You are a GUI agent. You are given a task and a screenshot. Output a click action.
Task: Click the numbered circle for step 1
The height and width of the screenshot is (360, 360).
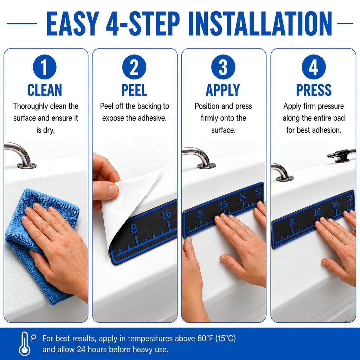pyautogui.click(x=45, y=67)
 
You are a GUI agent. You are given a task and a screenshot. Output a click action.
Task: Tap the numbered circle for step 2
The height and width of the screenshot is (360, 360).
pyautogui.click(x=134, y=67)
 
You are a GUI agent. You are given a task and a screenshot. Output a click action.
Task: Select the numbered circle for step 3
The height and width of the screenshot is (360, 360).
pyautogui.click(x=223, y=67)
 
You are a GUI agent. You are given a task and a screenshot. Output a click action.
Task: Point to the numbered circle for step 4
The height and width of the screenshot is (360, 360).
pyautogui.click(x=314, y=67)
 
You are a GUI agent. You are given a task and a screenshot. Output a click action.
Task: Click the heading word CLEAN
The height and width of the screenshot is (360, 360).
pyautogui.click(x=45, y=90)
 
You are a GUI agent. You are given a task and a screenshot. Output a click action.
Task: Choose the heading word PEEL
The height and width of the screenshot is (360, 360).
pyautogui.click(x=134, y=90)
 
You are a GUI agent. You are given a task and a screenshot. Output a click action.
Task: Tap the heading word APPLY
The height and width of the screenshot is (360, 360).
pyautogui.click(x=223, y=90)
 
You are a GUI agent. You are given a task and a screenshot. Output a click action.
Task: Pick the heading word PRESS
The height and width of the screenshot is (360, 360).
pyautogui.click(x=314, y=90)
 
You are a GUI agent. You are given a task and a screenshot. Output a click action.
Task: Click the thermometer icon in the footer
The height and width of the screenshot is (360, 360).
pyautogui.click(x=25, y=344)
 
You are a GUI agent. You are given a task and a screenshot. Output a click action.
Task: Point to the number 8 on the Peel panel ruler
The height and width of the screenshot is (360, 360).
pyautogui.click(x=134, y=229)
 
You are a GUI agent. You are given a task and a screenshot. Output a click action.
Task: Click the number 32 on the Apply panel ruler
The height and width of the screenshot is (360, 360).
pyautogui.click(x=258, y=191)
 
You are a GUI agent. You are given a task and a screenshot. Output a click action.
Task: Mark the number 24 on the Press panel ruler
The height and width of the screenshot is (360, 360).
pyautogui.click(x=335, y=204)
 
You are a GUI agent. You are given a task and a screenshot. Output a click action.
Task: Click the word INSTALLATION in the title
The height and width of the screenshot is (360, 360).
pyautogui.click(x=260, y=24)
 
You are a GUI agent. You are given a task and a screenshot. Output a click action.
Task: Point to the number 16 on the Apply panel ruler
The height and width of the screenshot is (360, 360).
pyautogui.click(x=223, y=205)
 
